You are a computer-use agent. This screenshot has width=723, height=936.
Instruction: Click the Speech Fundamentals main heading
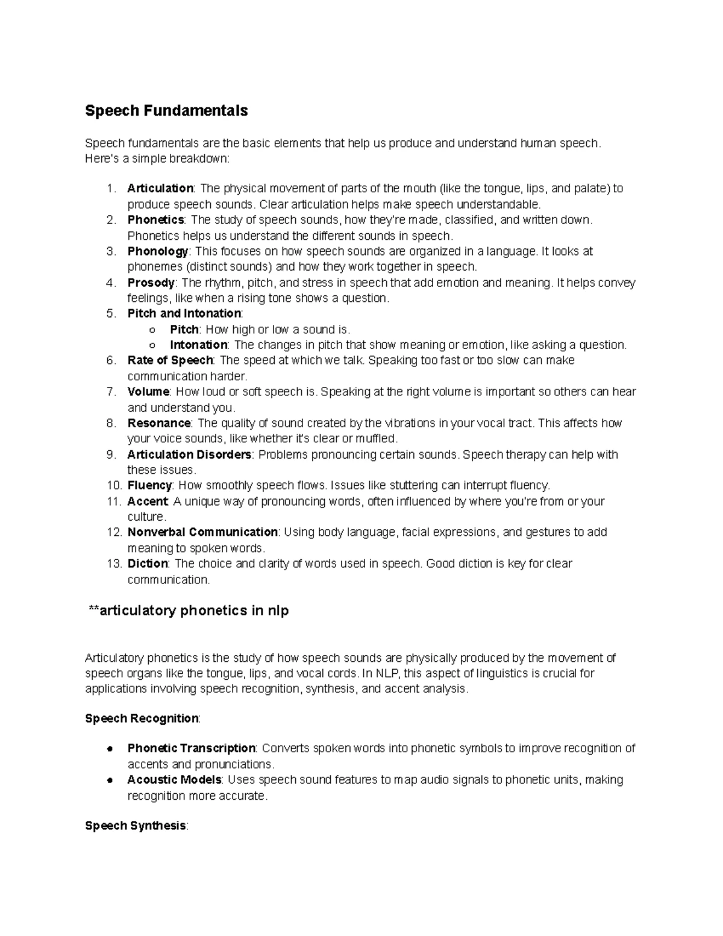click(166, 111)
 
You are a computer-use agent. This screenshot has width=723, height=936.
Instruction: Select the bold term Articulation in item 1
click(160, 189)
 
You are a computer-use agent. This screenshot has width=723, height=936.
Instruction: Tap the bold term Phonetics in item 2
click(155, 220)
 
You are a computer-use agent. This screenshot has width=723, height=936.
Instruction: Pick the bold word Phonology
click(158, 251)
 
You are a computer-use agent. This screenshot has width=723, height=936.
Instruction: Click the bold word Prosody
click(151, 283)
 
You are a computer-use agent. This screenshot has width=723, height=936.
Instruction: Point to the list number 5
click(110, 313)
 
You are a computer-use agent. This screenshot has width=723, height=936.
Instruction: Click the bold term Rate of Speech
click(170, 360)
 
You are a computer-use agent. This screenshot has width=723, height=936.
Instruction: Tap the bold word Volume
click(148, 392)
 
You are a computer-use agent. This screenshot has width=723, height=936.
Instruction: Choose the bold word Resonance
click(159, 423)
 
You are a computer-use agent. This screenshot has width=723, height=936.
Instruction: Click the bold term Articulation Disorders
click(189, 454)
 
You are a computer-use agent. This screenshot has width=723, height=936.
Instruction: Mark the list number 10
click(114, 486)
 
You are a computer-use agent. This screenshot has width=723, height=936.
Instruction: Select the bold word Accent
click(147, 501)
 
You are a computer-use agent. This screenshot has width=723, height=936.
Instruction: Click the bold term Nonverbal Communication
click(202, 532)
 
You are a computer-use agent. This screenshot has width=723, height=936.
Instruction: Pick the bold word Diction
click(148, 564)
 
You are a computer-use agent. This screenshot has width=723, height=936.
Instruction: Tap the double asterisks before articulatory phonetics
click(93, 611)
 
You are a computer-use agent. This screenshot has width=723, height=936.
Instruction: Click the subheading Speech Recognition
click(142, 718)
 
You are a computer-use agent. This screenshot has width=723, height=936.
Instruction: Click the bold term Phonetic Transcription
click(192, 749)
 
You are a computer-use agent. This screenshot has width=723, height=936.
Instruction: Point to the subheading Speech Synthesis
click(136, 826)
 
